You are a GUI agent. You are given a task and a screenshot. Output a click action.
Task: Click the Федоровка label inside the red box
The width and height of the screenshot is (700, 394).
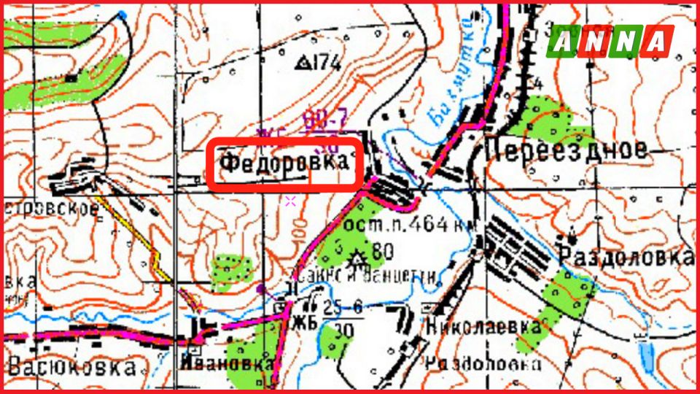[x=284, y=163]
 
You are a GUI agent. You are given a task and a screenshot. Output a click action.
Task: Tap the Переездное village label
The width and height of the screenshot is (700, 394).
[x=566, y=150]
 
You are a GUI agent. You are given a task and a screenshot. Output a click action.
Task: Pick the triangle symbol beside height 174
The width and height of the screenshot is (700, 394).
[x=300, y=63]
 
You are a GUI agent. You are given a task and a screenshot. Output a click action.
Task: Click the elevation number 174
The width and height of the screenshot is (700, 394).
[x=326, y=63]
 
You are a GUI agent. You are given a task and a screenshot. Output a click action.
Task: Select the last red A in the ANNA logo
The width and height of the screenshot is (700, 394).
[x=658, y=42]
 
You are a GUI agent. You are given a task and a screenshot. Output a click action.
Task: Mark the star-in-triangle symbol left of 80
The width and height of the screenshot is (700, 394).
[x=357, y=258]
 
